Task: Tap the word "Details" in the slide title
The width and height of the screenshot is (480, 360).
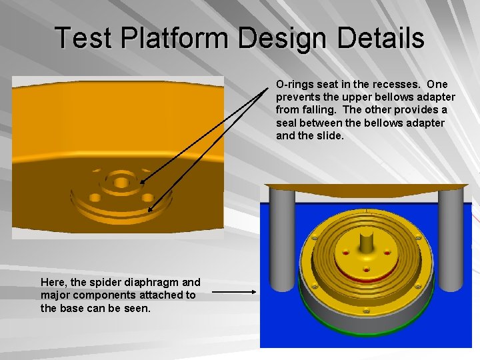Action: click(381, 38)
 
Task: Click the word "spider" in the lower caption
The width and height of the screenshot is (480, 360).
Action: click(99, 283)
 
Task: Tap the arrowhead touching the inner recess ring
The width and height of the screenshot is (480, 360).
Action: click(143, 181)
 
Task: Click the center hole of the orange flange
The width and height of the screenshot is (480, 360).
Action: click(121, 181)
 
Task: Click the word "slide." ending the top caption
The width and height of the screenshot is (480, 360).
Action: click(329, 135)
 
